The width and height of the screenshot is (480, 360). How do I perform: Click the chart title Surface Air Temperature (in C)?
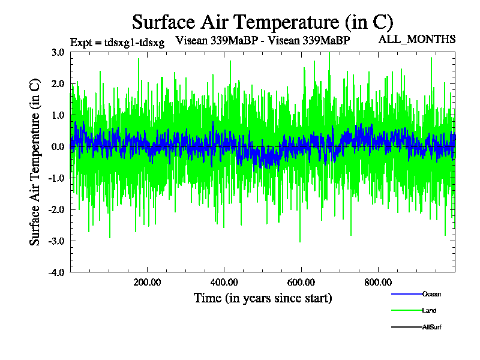(262, 22)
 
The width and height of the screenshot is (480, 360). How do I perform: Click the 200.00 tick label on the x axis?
(146, 282)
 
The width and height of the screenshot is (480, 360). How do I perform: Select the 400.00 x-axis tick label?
(224, 282)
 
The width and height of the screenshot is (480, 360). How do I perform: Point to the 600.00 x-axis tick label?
(301, 282)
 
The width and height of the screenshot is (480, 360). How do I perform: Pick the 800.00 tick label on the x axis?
(378, 282)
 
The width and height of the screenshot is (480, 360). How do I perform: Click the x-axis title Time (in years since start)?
(263, 298)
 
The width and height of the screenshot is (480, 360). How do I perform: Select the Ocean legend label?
(432, 294)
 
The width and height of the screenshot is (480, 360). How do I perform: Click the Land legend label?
(430, 311)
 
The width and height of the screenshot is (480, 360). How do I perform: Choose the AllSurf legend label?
(433, 327)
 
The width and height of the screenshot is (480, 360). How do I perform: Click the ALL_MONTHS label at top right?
(416, 40)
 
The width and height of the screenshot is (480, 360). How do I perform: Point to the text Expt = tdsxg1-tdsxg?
(117, 43)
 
